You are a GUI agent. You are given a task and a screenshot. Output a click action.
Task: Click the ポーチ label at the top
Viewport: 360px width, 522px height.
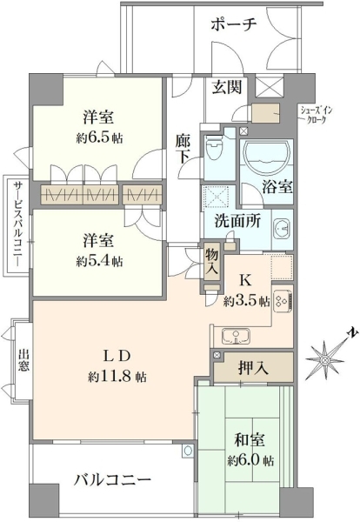point(234,25)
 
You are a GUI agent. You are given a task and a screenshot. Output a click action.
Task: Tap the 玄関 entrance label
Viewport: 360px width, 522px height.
point(227,88)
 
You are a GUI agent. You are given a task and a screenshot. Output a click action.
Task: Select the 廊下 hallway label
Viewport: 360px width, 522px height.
point(183,149)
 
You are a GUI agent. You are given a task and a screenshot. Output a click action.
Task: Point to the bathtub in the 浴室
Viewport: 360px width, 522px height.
point(265,155)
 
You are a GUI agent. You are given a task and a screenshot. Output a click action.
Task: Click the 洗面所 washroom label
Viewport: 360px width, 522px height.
point(237,221)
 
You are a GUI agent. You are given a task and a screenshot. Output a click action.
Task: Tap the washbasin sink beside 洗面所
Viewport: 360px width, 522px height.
point(283,229)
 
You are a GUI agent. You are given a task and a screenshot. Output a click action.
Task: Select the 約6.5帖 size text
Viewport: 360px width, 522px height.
point(99,137)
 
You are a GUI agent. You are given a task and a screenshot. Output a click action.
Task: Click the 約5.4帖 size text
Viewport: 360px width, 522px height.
point(99,261)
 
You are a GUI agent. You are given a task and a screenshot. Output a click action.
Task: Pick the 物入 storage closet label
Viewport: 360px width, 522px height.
point(211,261)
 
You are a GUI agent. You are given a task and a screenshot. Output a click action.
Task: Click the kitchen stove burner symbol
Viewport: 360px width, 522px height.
point(283,302)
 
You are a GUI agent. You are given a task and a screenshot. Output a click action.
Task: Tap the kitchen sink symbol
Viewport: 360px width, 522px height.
point(236,336)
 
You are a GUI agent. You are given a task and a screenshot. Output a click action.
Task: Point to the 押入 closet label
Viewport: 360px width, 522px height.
point(253,368)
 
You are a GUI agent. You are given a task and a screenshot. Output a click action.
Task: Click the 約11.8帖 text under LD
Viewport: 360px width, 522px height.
point(117,377)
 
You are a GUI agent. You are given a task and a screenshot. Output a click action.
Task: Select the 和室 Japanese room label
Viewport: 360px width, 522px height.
point(250,440)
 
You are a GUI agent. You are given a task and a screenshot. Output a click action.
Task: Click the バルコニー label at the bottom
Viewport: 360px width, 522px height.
point(112,480)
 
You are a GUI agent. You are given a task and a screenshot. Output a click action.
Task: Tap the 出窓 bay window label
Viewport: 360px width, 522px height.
point(23,359)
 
